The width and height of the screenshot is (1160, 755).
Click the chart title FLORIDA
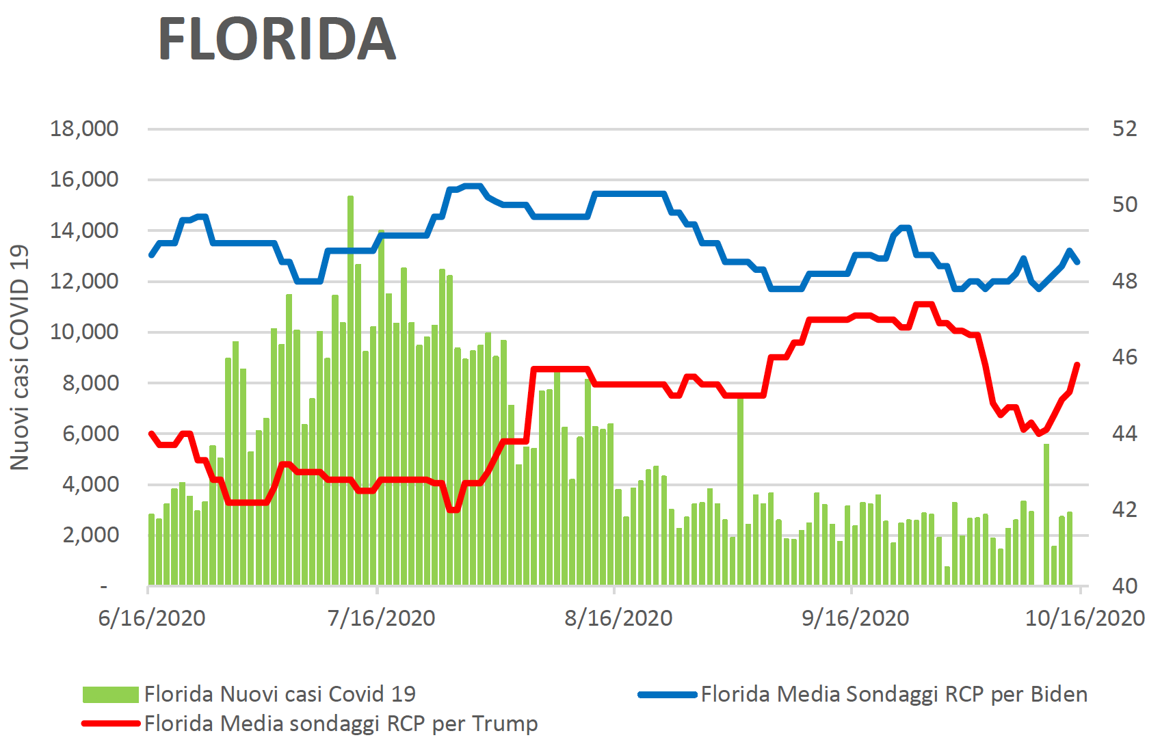(277, 39)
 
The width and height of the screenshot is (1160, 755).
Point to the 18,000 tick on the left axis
(84, 129)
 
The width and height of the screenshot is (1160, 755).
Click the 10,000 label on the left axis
(84, 332)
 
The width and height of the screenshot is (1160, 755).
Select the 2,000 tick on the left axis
(90, 535)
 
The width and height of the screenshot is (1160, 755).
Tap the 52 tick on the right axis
(1124, 129)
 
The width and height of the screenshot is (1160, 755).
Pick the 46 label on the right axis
(1124, 357)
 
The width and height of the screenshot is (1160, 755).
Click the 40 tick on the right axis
(1124, 585)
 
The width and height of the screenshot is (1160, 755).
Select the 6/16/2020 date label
(152, 618)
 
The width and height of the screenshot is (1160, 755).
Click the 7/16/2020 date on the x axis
(382, 618)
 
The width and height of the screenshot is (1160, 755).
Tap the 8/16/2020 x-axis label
(618, 618)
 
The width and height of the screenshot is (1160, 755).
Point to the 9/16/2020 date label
(855, 618)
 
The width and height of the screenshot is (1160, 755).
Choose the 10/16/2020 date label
(1085, 618)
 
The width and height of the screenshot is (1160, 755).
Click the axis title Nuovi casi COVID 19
(20, 357)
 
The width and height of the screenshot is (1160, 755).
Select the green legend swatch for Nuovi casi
(110, 695)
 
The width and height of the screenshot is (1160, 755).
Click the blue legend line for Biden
(667, 695)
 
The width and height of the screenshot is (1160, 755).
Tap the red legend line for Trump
(110, 724)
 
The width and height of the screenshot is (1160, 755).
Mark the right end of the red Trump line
(1077, 365)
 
